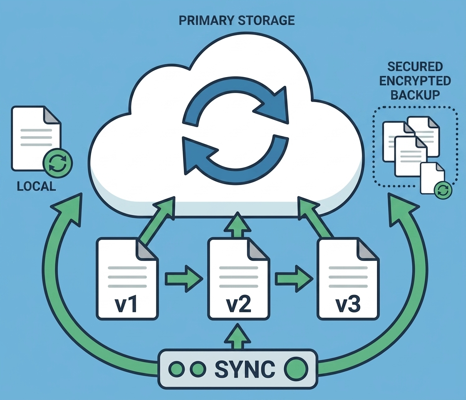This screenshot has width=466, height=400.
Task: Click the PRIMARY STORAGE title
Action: [x=237, y=21]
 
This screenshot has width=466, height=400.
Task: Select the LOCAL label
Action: [x=37, y=186]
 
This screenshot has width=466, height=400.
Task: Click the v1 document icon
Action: [x=127, y=278]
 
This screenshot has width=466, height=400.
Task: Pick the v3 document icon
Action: [x=348, y=278]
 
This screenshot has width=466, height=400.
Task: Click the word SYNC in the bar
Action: [x=245, y=368]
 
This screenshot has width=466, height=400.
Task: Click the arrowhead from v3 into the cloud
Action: [x=307, y=206]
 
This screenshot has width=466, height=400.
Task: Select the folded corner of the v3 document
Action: [x=369, y=249]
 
